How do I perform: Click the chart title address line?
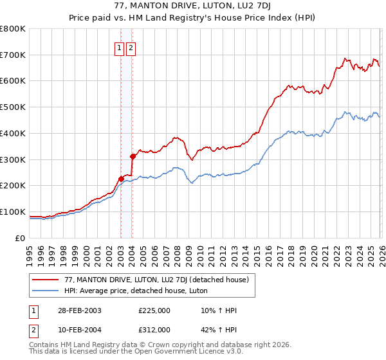pos(193,7)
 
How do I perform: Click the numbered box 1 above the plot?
pos(120,47)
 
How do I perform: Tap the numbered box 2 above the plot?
pos(131,47)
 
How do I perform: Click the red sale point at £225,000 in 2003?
pos(121,179)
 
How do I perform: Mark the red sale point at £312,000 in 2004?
pos(132,156)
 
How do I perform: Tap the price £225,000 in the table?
pos(154,310)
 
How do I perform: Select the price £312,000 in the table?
pos(154,329)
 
